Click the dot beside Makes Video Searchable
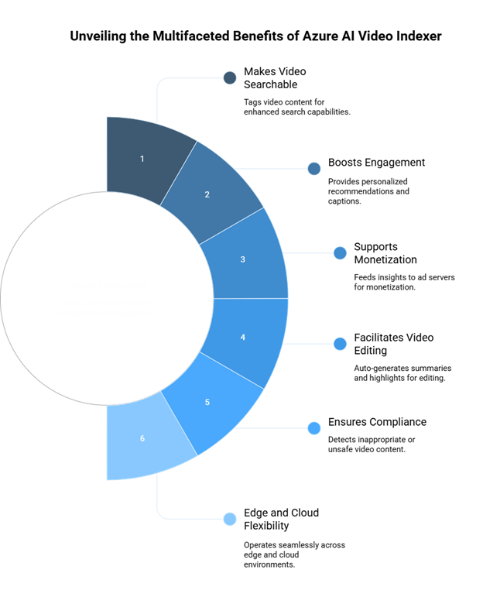230,77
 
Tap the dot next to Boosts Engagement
314,169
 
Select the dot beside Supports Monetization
340,252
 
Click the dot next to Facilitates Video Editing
340,344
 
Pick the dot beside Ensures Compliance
314,428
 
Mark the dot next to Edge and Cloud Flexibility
230,519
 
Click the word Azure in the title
318,36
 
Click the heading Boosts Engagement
376,163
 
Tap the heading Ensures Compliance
377,422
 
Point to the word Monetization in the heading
385,259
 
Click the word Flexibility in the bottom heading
266,526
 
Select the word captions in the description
344,201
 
